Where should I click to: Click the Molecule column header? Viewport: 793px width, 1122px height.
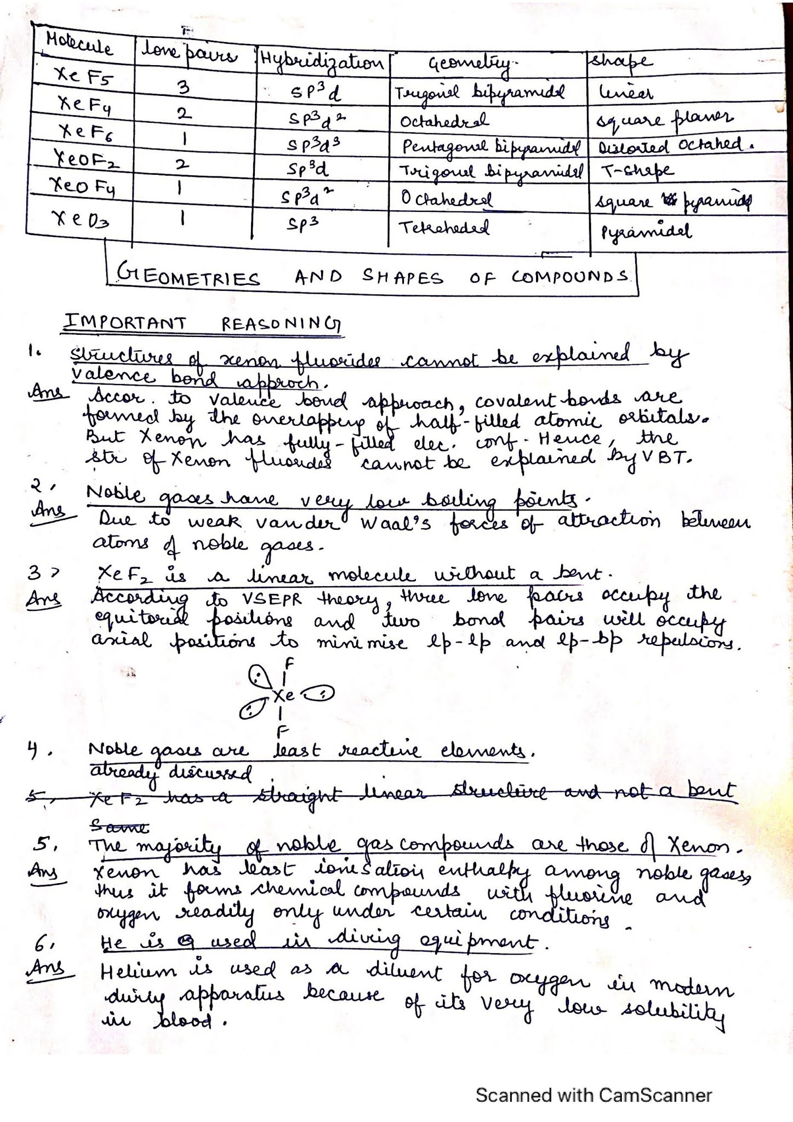point(80,44)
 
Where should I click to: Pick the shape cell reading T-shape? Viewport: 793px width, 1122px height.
point(638,171)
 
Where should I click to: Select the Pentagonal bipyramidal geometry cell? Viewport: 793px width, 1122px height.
point(490,147)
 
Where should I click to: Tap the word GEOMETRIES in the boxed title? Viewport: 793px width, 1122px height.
point(189,278)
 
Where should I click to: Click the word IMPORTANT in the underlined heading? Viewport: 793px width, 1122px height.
point(125,323)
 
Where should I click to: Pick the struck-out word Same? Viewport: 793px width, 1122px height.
point(119,825)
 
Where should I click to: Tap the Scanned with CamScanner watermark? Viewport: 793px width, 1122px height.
point(594,1095)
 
